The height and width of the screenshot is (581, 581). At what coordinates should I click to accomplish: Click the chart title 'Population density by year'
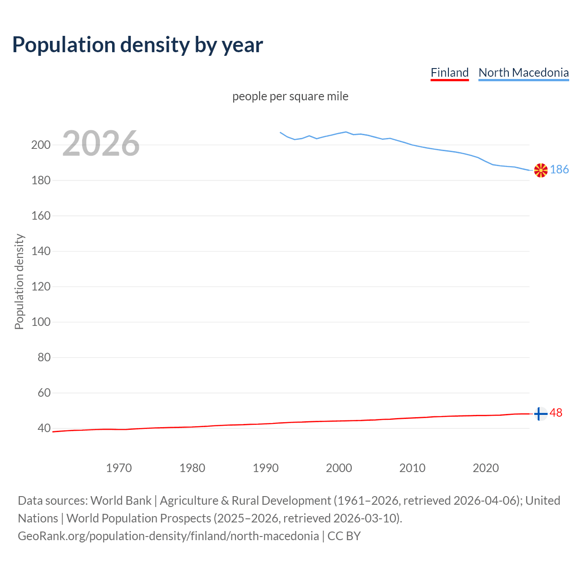coord(138,44)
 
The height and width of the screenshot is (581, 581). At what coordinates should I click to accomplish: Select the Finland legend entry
coord(449,73)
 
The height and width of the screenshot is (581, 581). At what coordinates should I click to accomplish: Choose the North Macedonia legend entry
coord(523,73)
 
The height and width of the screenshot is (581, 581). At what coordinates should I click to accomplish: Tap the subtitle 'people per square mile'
coord(290,96)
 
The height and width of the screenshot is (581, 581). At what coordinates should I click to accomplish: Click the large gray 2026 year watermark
coord(101,143)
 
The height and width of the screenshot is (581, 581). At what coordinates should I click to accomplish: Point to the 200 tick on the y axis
coord(40,145)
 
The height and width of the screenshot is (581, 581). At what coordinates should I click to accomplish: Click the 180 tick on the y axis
coord(40,181)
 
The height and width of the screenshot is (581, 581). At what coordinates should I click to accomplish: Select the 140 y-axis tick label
coord(40,251)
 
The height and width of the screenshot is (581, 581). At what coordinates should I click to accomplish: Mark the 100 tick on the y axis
coord(40,322)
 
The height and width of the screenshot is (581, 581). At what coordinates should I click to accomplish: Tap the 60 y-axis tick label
coord(44,393)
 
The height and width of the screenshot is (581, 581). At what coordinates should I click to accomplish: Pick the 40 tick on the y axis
coord(44,428)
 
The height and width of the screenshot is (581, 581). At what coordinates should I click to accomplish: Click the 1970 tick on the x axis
coord(119,468)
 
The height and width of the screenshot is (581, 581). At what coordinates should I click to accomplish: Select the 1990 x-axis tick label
coord(266,468)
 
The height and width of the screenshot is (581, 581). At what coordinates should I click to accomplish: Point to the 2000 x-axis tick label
coord(339,468)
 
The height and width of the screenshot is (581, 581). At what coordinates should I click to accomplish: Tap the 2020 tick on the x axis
coord(486,468)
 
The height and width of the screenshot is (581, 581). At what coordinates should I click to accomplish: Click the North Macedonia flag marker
coord(541,170)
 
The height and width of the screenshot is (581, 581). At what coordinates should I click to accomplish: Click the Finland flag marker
coord(540,414)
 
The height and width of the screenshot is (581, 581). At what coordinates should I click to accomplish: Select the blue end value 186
coord(559,170)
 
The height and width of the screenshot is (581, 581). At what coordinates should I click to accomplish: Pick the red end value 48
coord(556,413)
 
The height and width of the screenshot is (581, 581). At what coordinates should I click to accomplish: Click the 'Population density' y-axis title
coord(19,281)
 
